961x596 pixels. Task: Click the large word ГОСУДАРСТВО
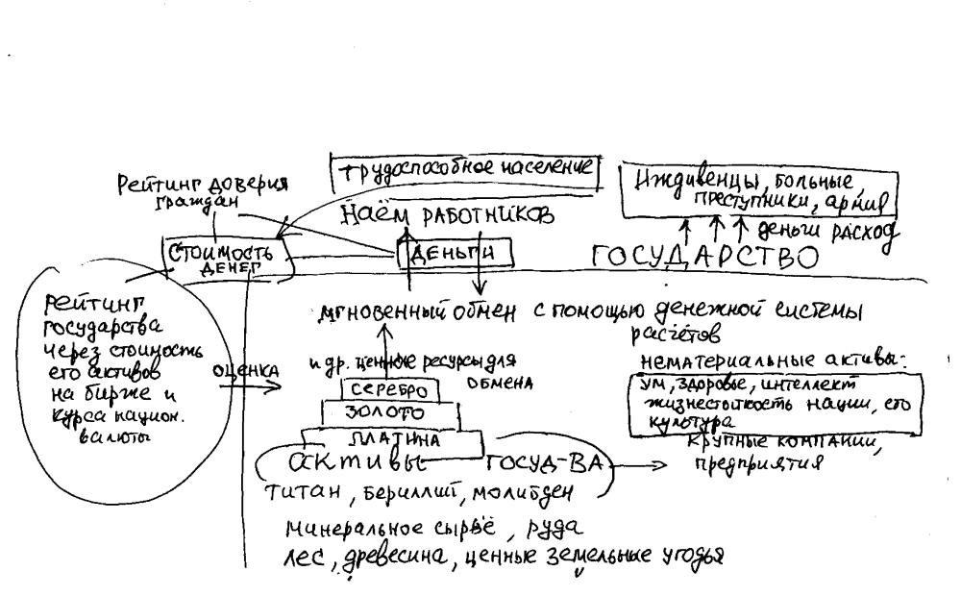point(705,258)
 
